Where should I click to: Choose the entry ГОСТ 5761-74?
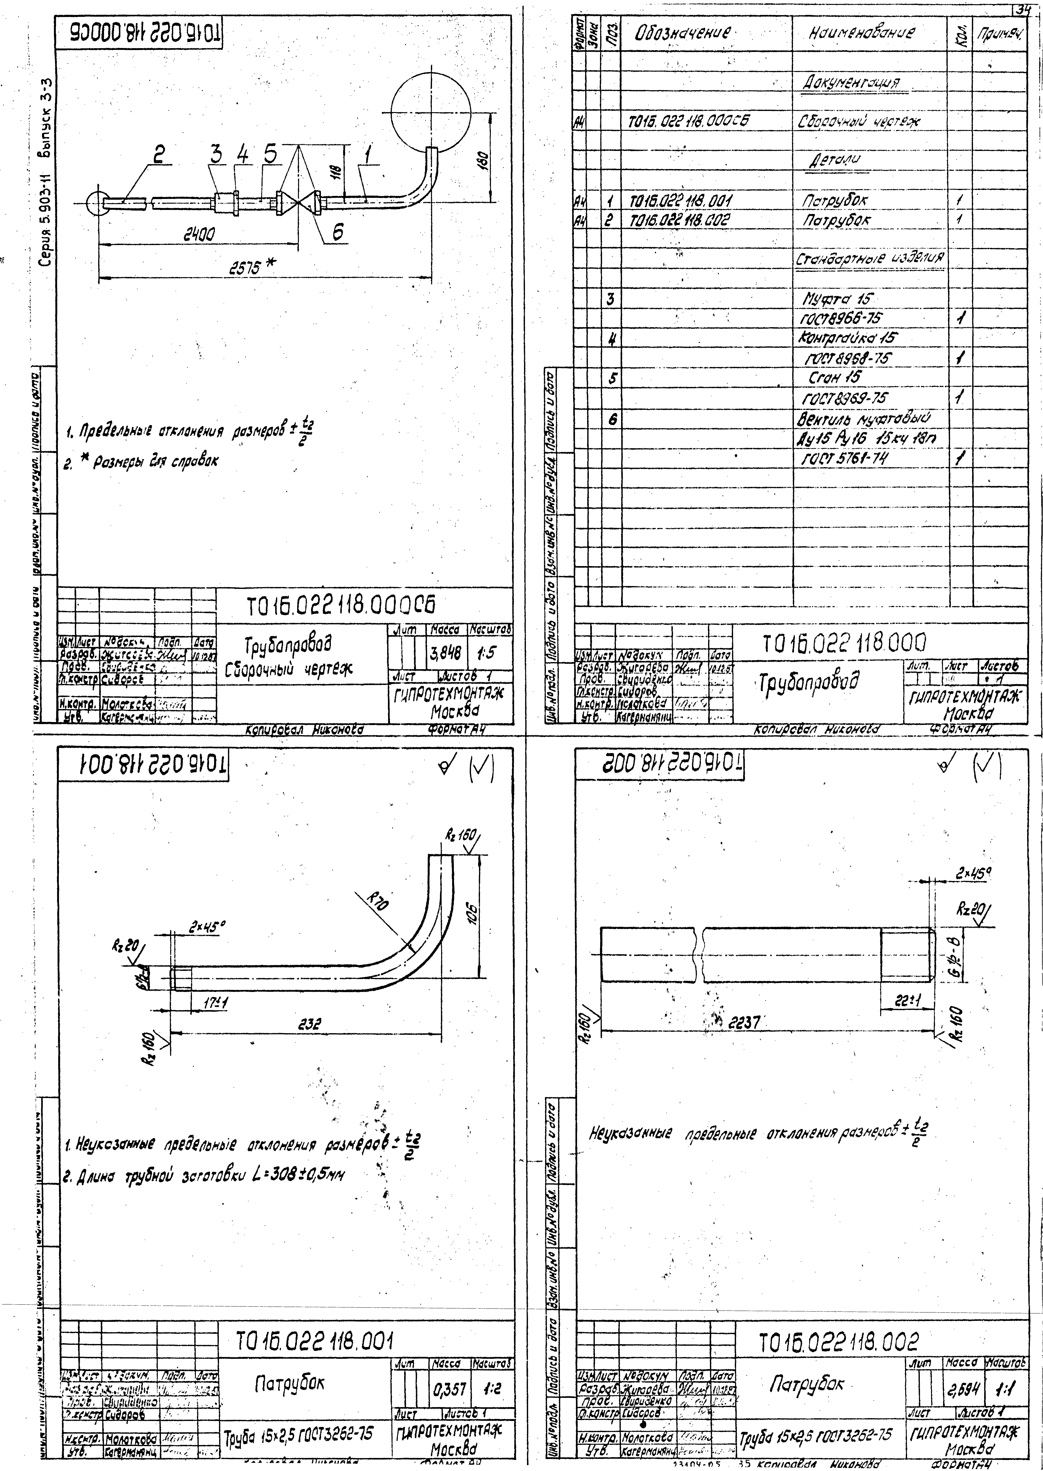[841, 458]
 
